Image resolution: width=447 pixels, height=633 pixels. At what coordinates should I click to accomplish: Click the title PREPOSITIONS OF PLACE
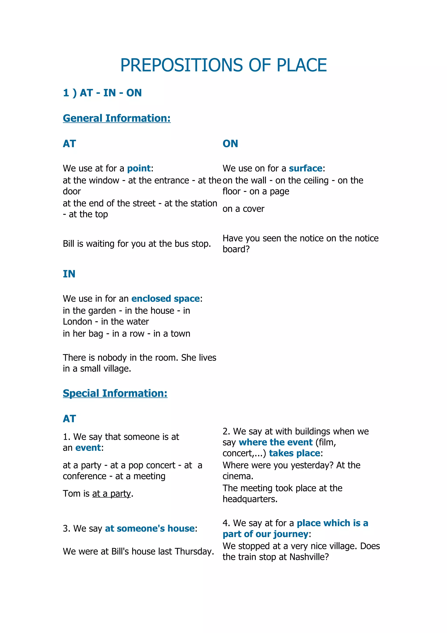click(x=223, y=65)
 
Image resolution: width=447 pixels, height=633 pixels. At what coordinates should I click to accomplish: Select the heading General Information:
click(x=117, y=118)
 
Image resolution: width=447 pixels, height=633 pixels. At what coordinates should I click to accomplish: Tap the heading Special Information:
click(x=115, y=393)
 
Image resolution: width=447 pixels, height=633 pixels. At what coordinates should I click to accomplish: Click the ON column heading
click(x=230, y=144)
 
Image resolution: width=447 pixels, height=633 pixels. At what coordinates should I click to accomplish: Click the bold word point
click(x=139, y=168)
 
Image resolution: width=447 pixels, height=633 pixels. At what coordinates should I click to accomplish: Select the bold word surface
click(x=305, y=168)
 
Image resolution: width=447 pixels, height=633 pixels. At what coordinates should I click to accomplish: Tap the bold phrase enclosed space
click(x=165, y=299)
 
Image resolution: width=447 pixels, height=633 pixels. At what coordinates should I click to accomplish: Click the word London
click(x=77, y=322)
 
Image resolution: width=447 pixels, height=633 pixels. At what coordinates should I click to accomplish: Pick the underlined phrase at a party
click(x=111, y=493)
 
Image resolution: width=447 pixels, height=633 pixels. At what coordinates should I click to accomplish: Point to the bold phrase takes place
click(x=294, y=453)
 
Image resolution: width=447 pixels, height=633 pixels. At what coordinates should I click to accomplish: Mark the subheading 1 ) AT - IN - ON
click(x=102, y=93)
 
